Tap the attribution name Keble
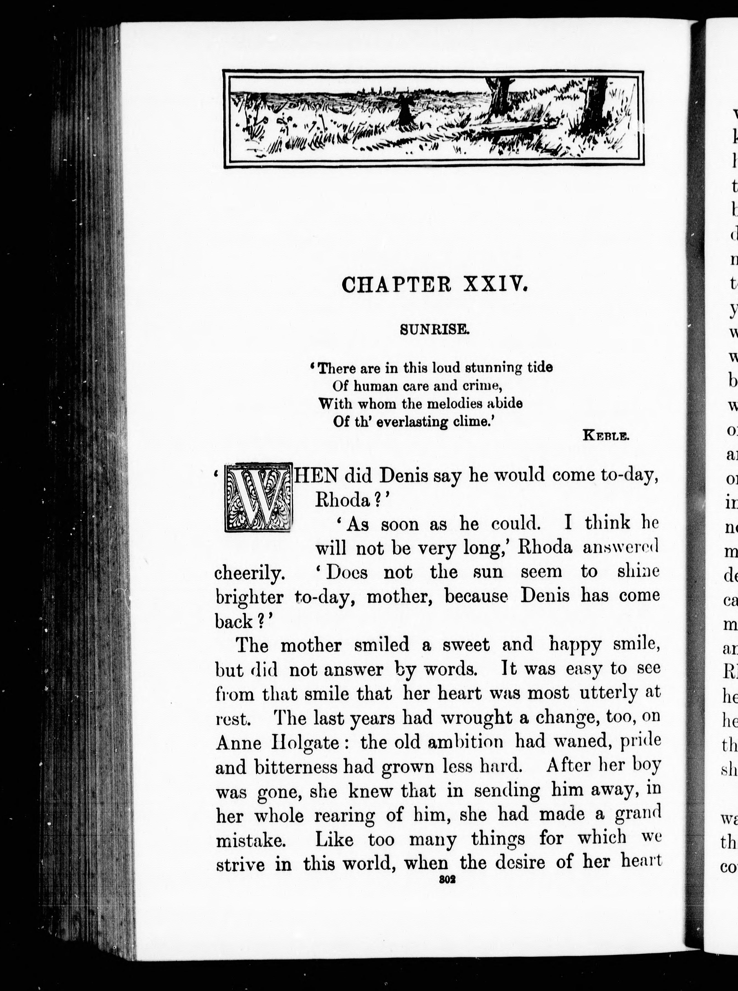coord(606,436)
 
